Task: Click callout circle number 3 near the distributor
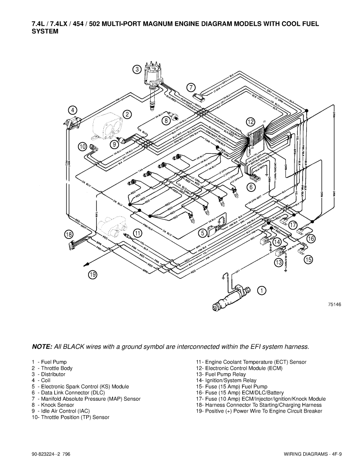pos(137,69)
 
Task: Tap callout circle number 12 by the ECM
pos(251,122)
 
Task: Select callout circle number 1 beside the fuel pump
pos(263,291)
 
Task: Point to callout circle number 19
pos(92,275)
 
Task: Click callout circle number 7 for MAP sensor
pos(191,87)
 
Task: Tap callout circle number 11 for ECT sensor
pos(138,233)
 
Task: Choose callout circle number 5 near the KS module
pos(203,232)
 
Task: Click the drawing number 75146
pos(334,304)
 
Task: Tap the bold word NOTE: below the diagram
pos(42,347)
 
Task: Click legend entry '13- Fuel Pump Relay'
pos(220,374)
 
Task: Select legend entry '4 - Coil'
pos(41,380)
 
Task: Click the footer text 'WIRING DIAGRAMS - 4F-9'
pos(313,455)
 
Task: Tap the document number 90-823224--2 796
pos(51,455)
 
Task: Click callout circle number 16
pos(311,239)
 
